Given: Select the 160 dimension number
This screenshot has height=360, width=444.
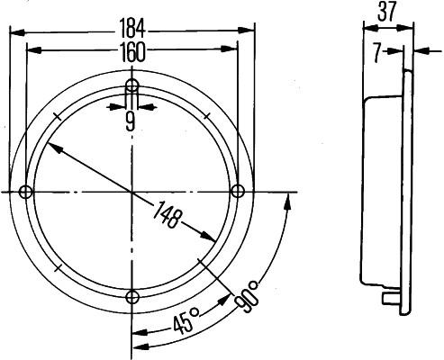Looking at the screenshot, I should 131,52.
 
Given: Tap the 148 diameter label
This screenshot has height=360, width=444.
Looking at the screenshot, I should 168,217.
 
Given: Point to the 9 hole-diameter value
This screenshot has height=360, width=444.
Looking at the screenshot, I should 131,122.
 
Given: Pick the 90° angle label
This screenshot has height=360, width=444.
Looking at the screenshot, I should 248,295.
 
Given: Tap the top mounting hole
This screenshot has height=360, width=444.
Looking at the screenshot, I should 132,86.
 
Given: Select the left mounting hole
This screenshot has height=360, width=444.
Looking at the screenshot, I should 26,192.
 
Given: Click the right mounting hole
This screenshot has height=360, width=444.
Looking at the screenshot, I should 238,192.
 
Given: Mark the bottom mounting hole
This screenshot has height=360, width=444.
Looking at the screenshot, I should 132,298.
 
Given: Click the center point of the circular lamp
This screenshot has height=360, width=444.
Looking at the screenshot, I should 132,192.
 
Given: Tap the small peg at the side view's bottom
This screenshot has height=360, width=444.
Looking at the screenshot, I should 390,298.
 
